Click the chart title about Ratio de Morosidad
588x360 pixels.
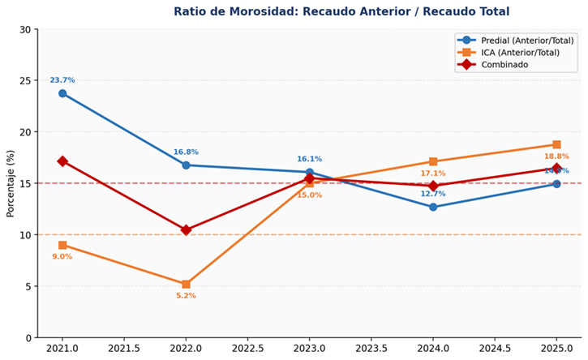point(341,11)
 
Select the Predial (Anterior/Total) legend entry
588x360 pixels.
point(527,41)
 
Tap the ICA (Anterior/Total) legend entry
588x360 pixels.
point(519,53)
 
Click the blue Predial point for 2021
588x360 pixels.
point(62,93)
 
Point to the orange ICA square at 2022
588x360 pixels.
point(186,284)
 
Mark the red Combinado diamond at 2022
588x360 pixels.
point(186,230)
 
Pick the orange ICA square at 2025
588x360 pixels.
point(556,144)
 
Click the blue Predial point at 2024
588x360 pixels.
point(433,207)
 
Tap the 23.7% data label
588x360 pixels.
point(62,80)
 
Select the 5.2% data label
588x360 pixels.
point(186,296)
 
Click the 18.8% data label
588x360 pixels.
point(556,156)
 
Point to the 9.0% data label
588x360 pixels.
point(62,257)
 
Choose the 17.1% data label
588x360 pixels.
point(433,174)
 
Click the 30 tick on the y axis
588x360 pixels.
point(24,30)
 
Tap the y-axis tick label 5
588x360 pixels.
point(28,286)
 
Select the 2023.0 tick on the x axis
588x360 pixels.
point(309,349)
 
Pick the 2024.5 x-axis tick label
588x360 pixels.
point(495,349)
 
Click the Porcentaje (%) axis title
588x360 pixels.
point(11,183)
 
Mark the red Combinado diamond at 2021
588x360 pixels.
point(62,161)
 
